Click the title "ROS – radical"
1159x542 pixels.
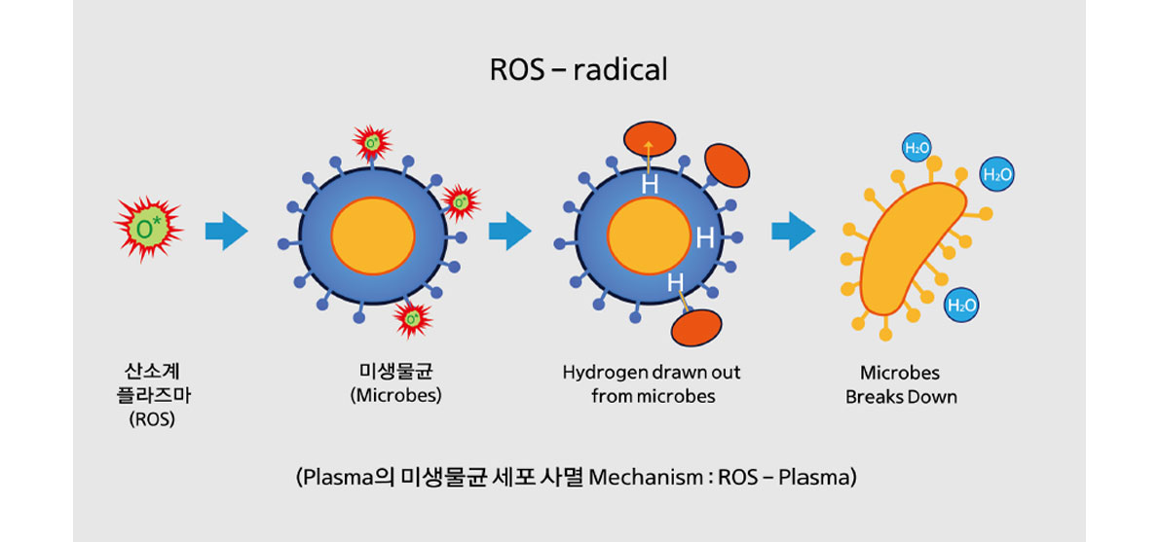point(579,69)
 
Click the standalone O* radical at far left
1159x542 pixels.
point(147,229)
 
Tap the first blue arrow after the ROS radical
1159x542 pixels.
point(226,232)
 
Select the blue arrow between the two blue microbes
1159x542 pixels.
point(510,232)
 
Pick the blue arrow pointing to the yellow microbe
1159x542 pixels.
point(793,232)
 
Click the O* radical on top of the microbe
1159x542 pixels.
point(372,141)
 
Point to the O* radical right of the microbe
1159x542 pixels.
point(461,201)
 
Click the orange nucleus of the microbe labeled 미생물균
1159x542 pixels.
point(372,235)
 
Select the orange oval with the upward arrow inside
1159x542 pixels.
point(650,138)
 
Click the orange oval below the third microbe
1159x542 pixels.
point(697,327)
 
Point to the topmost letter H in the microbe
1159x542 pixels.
point(650,185)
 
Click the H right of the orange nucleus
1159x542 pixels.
point(705,237)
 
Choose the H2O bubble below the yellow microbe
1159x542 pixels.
point(961,305)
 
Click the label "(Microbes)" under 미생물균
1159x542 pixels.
point(396,394)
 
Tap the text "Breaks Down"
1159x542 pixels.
point(901,397)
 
